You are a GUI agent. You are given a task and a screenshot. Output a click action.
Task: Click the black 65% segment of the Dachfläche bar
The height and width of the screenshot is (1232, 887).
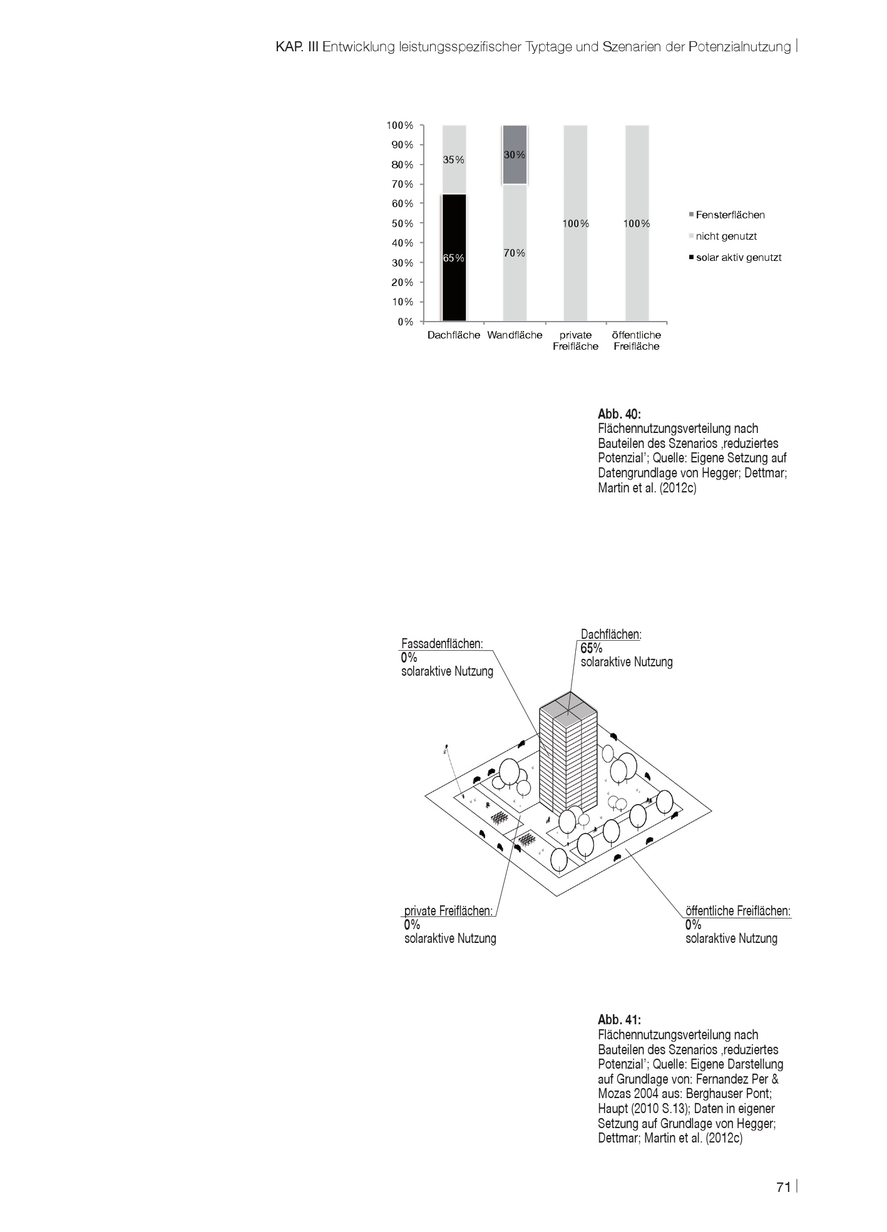[x=454, y=258]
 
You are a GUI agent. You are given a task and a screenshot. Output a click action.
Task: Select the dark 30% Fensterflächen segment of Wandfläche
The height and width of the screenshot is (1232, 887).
[x=515, y=155]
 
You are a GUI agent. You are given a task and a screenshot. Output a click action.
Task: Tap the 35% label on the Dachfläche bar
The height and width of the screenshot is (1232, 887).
[x=454, y=160]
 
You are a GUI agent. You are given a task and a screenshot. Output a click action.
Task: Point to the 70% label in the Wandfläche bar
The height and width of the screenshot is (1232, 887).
[x=515, y=253]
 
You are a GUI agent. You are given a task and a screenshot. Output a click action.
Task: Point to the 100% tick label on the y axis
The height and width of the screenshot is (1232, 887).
[x=400, y=125]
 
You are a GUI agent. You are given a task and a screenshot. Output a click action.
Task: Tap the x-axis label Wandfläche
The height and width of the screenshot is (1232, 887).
[x=515, y=335]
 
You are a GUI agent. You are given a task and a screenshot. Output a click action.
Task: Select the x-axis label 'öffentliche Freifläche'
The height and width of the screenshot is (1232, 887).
[x=637, y=340]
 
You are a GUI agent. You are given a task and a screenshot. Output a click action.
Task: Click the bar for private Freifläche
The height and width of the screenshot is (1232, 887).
[x=575, y=223]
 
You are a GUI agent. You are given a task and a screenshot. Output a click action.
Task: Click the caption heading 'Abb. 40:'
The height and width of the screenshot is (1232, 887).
[x=620, y=414]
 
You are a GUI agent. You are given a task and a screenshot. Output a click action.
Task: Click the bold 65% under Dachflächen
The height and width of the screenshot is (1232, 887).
[x=592, y=648]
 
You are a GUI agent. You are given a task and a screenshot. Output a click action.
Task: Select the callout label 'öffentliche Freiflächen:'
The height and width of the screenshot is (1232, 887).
[x=738, y=911]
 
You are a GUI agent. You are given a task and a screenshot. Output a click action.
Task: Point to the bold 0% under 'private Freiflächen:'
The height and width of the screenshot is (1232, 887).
[x=412, y=925]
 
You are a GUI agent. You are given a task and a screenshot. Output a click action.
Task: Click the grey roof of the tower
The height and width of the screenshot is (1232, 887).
[x=568, y=709]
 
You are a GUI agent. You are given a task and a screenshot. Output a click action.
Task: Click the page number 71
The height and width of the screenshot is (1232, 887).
[x=783, y=1188]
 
